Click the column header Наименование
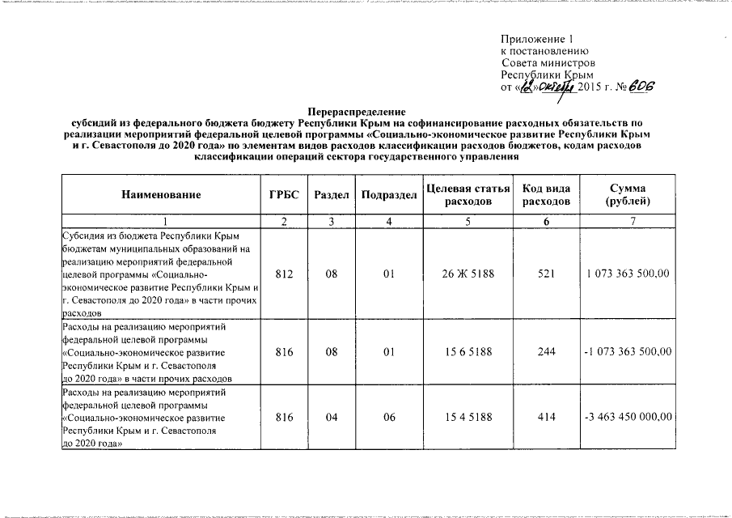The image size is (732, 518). (160, 195)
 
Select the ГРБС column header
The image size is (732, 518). (284, 195)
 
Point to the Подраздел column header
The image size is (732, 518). (389, 195)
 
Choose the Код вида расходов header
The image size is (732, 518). (546, 195)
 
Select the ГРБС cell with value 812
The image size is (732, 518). (284, 274)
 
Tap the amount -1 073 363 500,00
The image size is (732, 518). (628, 353)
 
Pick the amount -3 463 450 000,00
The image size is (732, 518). (628, 417)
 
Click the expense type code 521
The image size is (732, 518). (546, 274)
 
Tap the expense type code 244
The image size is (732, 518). (546, 353)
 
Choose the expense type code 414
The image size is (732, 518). (546, 417)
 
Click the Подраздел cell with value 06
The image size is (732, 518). (389, 417)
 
